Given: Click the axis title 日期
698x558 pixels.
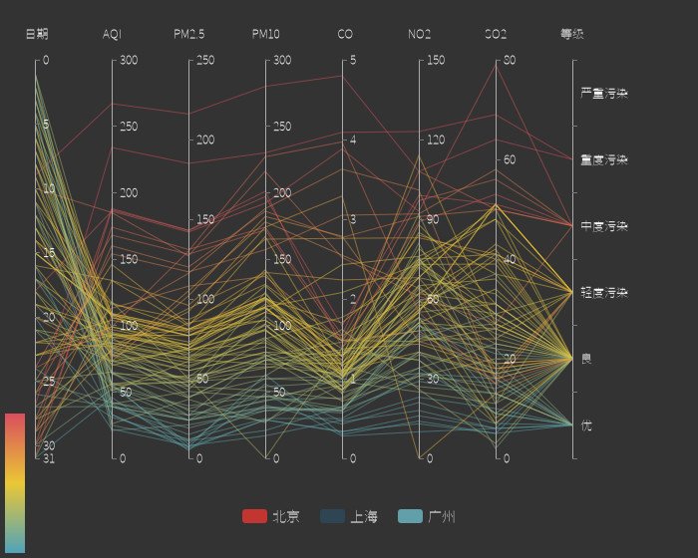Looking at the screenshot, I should (x=37, y=34).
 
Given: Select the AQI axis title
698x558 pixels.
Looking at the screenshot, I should (x=113, y=34).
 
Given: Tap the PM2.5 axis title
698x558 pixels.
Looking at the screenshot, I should (x=189, y=34).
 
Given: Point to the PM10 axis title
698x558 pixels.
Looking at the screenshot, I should (x=266, y=34).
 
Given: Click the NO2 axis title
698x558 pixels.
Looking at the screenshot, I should (x=420, y=34).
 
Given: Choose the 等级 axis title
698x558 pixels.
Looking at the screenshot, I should (x=572, y=34).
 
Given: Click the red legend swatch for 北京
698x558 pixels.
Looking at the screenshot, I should (x=254, y=516).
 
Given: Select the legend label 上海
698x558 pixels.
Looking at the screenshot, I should (x=364, y=516).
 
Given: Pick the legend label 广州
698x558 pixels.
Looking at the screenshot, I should (x=442, y=516).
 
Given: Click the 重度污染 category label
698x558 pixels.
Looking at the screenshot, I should (x=604, y=159).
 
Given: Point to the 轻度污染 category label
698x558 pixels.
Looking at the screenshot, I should (x=604, y=293).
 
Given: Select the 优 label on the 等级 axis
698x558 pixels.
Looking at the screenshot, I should (x=586, y=425).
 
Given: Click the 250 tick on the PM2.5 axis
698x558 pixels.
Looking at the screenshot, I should (x=206, y=61).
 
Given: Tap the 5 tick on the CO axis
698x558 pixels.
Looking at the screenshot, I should (x=353, y=61).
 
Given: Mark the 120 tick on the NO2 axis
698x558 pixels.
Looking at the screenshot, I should (x=436, y=140).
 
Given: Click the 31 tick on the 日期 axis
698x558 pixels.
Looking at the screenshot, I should (x=49, y=458).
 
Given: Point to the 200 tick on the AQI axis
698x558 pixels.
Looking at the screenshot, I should (x=130, y=193).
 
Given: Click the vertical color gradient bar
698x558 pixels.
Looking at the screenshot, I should (x=15, y=483).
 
